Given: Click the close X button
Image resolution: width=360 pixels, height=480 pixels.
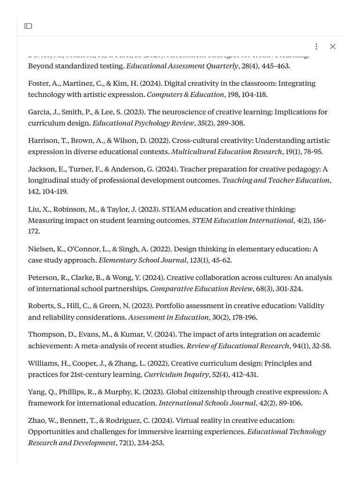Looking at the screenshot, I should (x=332, y=46).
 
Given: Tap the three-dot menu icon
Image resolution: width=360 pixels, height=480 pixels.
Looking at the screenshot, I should (x=316, y=46).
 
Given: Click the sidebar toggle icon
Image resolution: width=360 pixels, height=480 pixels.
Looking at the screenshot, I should (x=28, y=26).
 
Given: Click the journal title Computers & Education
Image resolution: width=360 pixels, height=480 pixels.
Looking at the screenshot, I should (x=185, y=95).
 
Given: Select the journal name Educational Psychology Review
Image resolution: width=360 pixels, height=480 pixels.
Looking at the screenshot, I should (x=143, y=123).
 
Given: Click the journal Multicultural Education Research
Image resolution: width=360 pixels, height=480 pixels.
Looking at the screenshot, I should (x=226, y=152).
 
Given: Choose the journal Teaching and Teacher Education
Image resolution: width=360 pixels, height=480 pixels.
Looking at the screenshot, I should (x=276, y=180).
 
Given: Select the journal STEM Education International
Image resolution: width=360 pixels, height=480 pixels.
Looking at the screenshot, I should (x=242, y=220).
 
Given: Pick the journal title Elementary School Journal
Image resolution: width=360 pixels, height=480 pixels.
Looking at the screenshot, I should (x=142, y=260).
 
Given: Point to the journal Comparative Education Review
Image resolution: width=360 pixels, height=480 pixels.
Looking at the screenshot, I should (x=201, y=289).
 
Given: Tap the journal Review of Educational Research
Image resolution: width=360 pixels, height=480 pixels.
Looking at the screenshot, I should (x=238, y=346).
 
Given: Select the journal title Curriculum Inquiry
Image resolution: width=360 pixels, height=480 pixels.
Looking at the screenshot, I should (x=176, y=375).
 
